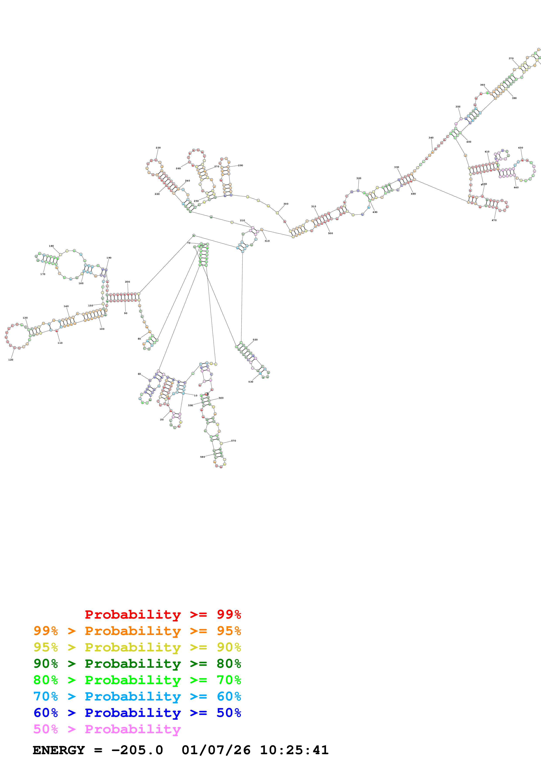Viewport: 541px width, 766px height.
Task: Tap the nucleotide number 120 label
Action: coord(11,360)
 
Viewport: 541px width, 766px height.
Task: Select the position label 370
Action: coord(511,58)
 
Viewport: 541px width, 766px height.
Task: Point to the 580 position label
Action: coord(202,457)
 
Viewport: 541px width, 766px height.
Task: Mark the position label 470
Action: coord(494,220)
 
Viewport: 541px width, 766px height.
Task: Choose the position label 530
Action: coord(251,382)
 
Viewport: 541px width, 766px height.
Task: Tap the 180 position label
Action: coord(51,246)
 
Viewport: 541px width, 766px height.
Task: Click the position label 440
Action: coord(516,188)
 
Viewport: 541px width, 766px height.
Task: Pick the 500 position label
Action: coord(330,233)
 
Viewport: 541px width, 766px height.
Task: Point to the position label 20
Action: coord(162,419)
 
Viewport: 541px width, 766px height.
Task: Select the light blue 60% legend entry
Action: coord(137,696)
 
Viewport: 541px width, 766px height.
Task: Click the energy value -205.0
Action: coord(137,750)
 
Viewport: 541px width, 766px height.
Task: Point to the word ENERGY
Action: coord(59,750)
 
